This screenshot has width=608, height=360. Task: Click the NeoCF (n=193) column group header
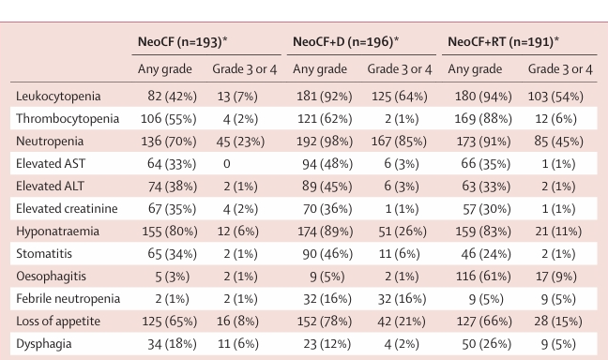click(x=182, y=41)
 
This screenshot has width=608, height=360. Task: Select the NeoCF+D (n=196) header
click(x=345, y=41)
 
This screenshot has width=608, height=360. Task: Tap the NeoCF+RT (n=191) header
click(x=503, y=41)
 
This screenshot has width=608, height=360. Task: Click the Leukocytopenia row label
click(x=58, y=97)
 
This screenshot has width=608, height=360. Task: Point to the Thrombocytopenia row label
click(x=68, y=118)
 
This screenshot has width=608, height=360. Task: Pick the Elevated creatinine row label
click(x=67, y=208)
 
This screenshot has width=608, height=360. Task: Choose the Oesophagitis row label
click(x=51, y=277)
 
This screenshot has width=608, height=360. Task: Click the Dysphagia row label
click(x=44, y=344)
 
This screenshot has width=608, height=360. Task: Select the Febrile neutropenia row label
click(x=68, y=299)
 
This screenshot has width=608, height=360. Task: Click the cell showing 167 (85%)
click(x=399, y=142)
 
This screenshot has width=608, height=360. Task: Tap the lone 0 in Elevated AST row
click(x=227, y=164)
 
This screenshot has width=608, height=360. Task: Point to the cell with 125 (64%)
click(x=400, y=97)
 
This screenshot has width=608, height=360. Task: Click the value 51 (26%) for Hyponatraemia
click(x=403, y=232)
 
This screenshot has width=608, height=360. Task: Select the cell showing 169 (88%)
click(x=483, y=119)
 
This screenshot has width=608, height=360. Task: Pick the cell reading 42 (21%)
click(x=401, y=322)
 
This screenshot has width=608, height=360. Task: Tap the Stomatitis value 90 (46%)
click(x=327, y=254)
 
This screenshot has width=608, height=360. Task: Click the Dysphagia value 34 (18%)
click(x=172, y=344)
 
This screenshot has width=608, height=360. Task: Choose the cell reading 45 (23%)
click(x=240, y=142)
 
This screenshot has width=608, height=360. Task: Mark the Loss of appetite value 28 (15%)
click(x=558, y=322)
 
